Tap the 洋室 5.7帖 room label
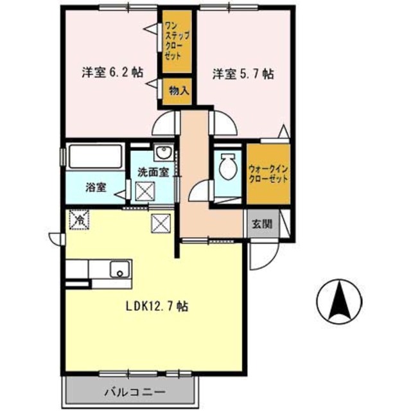tap(243, 74)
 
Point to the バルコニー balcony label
tap(134, 391)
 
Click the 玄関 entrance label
tap(261, 225)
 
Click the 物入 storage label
tap(178, 91)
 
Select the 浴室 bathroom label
tap(96, 189)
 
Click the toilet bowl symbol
tap(227, 169)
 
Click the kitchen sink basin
tap(119, 269)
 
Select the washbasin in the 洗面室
tap(163, 153)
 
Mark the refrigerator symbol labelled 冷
tap(80, 220)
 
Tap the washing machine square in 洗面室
tap(144, 191)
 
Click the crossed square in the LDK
tap(160, 223)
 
